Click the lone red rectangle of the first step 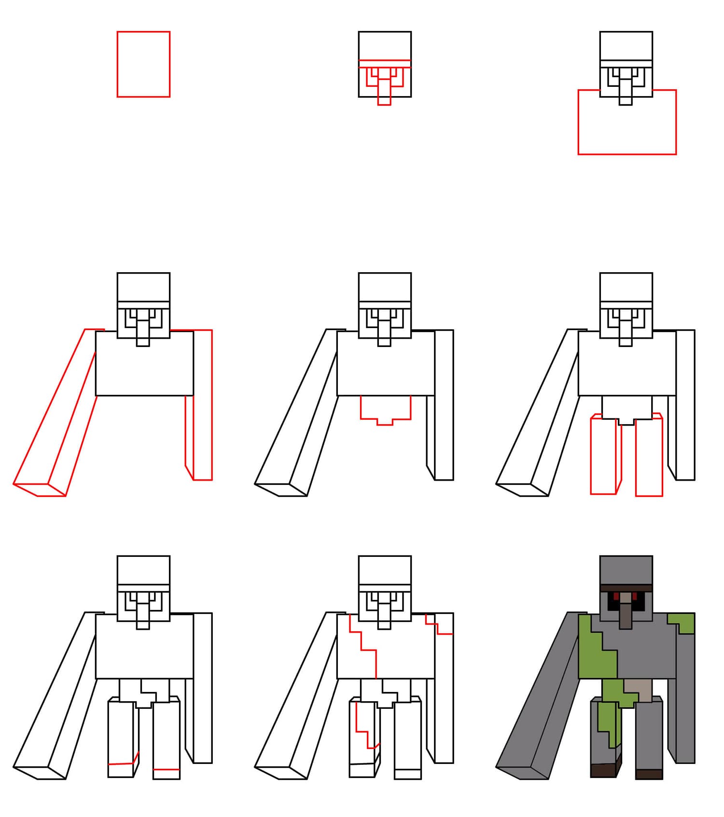[x=143, y=64]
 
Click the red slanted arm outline [x=56, y=410]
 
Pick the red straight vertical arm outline [x=202, y=405]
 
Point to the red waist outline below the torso [x=385, y=410]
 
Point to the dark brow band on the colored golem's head [x=626, y=587]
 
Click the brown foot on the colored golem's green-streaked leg [x=603, y=770]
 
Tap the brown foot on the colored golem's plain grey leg [x=649, y=774]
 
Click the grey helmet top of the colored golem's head [x=626, y=569]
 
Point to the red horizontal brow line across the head [x=385, y=60]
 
